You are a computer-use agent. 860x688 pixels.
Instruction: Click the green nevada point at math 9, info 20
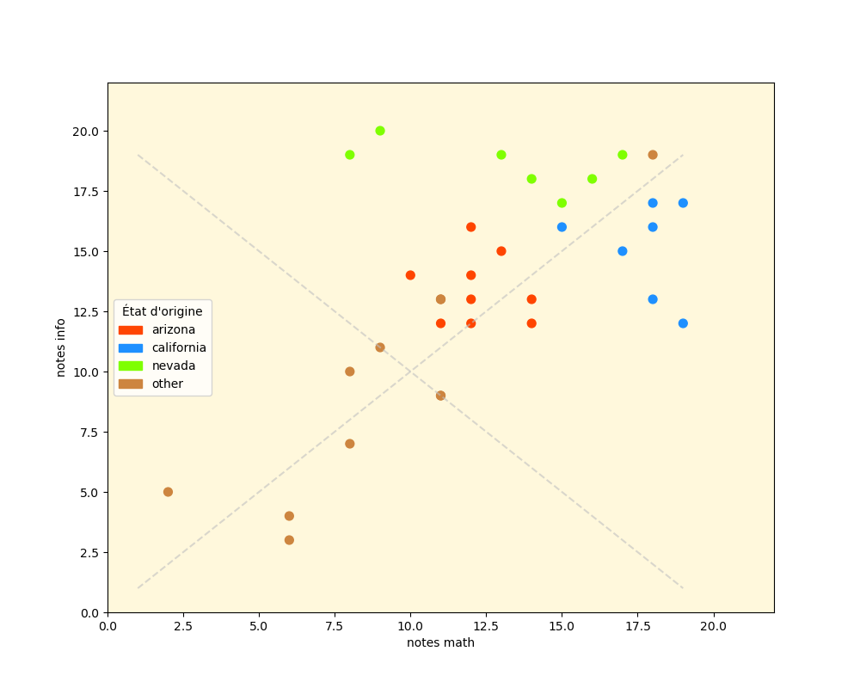pyautogui.click(x=380, y=131)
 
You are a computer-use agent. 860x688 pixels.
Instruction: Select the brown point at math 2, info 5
pyautogui.click(x=168, y=492)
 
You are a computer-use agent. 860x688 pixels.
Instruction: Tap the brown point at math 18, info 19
pyautogui.click(x=653, y=155)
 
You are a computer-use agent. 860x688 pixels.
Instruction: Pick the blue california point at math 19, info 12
pyautogui.click(x=683, y=323)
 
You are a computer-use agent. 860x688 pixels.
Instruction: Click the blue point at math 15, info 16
pyautogui.click(x=562, y=227)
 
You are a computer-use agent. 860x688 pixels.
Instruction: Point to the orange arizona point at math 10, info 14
pyautogui.click(x=410, y=275)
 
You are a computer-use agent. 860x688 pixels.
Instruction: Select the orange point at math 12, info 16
pyautogui.click(x=470, y=227)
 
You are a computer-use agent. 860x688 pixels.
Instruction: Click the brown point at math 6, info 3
pyautogui.click(x=289, y=540)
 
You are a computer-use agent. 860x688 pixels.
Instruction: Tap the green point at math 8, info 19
pyautogui.click(x=350, y=155)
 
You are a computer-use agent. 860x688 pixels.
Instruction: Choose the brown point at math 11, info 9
pyautogui.click(x=440, y=396)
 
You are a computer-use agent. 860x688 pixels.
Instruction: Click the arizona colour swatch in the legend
pyautogui.click(x=131, y=329)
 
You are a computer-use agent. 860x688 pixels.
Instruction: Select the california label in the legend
pyautogui.click(x=179, y=347)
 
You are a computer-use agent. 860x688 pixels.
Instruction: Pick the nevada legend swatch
pyautogui.click(x=131, y=365)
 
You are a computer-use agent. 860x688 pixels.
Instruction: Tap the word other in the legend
pyautogui.click(x=168, y=384)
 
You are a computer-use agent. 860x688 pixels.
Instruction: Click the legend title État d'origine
pyautogui.click(x=163, y=311)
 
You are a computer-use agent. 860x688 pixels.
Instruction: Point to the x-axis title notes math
pyautogui.click(x=440, y=642)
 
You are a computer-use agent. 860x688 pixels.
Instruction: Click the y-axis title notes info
pyautogui.click(x=61, y=347)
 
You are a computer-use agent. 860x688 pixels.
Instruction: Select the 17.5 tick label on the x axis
pyautogui.click(x=637, y=626)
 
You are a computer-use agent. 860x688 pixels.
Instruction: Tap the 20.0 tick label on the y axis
pyautogui.click(x=85, y=131)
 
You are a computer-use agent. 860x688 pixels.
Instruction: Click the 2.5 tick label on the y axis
pyautogui.click(x=89, y=552)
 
